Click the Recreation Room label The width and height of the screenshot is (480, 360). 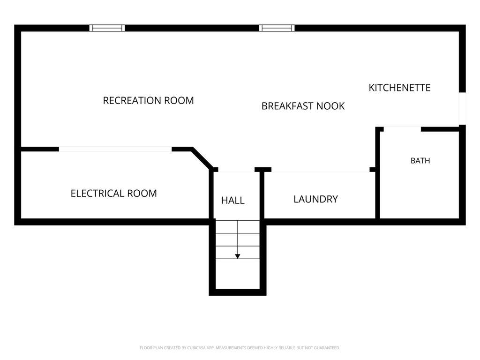[x=148, y=100]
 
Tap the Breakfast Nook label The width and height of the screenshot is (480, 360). [x=303, y=106]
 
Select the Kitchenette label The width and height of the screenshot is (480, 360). [x=399, y=88]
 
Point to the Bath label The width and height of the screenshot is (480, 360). [x=420, y=160]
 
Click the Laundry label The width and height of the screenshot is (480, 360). [x=315, y=199]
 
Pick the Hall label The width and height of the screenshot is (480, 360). [x=232, y=200]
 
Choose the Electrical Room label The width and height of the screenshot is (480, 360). [x=113, y=194]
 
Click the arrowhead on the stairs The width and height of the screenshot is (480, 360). [x=238, y=256]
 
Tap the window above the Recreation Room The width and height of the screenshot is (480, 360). [x=107, y=28]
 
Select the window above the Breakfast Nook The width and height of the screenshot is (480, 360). [x=277, y=28]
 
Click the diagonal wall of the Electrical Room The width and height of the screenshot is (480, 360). [x=202, y=158]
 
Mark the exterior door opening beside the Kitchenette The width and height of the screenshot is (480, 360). [x=462, y=108]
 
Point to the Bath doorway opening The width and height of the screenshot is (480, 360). [x=402, y=128]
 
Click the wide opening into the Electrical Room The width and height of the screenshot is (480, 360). [x=115, y=149]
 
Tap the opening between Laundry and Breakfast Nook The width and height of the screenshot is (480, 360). [x=321, y=170]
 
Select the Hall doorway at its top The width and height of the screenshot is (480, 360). [x=236, y=170]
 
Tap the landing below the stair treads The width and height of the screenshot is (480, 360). [x=238, y=274]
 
